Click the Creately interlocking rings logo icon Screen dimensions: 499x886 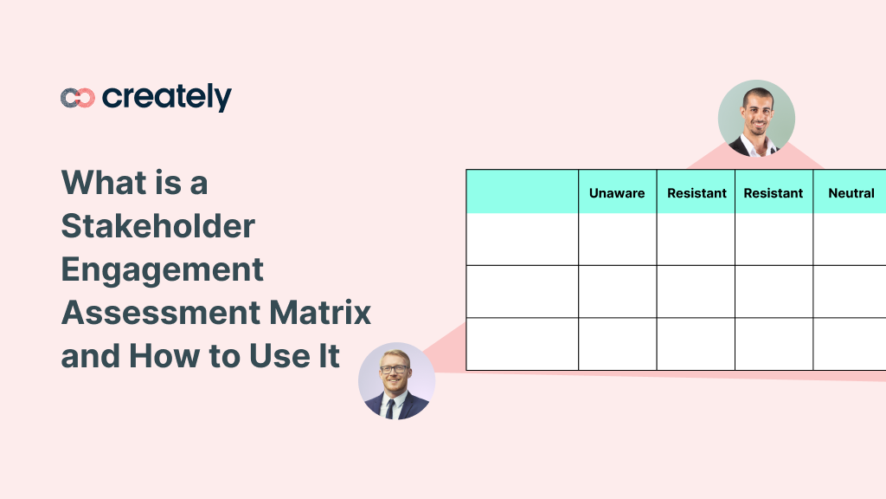coord(77,98)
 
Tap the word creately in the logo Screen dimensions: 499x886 coord(167,97)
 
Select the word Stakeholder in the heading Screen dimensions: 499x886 coord(158,226)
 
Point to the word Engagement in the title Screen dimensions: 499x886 coord(162,269)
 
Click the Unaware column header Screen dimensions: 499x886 coord(617,193)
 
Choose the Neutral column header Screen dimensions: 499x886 coord(851,193)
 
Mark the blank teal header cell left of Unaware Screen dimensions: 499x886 coord(523,191)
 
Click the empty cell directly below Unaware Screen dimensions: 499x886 coord(617,239)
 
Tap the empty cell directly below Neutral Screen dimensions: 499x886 coord(850,239)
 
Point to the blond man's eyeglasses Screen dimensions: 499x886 coord(395,369)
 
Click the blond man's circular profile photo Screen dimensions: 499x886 coord(396,381)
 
